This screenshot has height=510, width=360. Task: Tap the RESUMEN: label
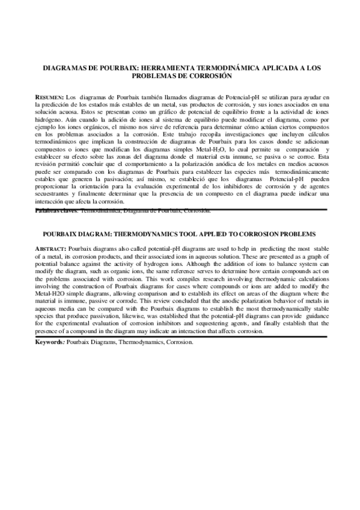pos(49,96)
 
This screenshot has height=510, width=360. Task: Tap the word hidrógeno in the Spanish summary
pos(50,120)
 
